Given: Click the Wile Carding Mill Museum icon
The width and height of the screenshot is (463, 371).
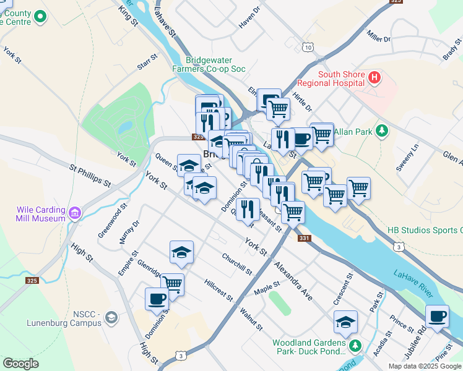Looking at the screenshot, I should (x=75, y=214).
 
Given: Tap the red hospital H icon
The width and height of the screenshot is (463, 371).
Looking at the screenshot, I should (x=374, y=78).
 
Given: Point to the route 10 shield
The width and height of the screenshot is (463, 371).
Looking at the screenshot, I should (x=308, y=47).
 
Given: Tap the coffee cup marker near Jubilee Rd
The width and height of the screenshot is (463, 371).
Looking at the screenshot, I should (x=437, y=316).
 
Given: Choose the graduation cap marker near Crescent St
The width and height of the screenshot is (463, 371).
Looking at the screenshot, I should (x=345, y=322).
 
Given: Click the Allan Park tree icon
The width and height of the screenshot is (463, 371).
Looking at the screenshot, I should (x=383, y=131).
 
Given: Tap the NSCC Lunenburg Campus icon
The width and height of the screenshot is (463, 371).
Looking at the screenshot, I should (x=111, y=318).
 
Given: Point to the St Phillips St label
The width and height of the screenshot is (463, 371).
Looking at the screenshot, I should (x=90, y=176).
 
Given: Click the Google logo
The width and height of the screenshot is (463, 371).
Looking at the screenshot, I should (x=20, y=364).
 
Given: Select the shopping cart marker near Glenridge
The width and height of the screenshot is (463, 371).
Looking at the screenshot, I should (x=173, y=284).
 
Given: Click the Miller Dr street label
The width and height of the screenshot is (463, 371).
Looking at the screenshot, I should (x=379, y=36).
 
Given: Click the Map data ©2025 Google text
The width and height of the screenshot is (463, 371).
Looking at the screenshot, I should (x=424, y=366).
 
